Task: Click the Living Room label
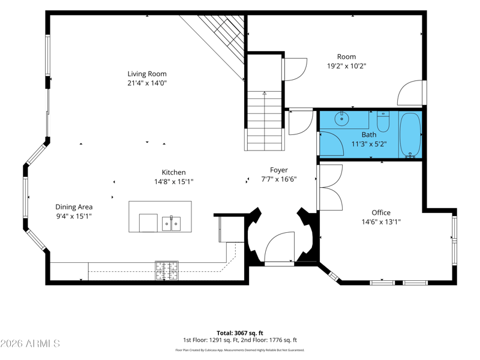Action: coord(147,74)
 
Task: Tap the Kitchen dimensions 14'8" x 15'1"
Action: coord(173,182)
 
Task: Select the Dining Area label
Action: coord(74,207)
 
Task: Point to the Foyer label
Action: coord(278,170)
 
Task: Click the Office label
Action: coord(381,212)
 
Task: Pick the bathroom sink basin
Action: coord(341,118)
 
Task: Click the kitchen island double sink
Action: coord(171,224)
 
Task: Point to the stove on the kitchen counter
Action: coord(167,271)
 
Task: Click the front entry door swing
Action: coord(280,247)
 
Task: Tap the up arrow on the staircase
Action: coord(265,93)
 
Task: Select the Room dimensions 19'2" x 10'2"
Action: coord(347,66)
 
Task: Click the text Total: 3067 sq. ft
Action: coord(240,333)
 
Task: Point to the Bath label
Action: coord(369,134)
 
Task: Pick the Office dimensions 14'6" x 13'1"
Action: coord(381,222)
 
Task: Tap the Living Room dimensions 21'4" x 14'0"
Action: coord(147,83)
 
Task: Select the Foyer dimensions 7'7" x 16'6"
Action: coord(278,179)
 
